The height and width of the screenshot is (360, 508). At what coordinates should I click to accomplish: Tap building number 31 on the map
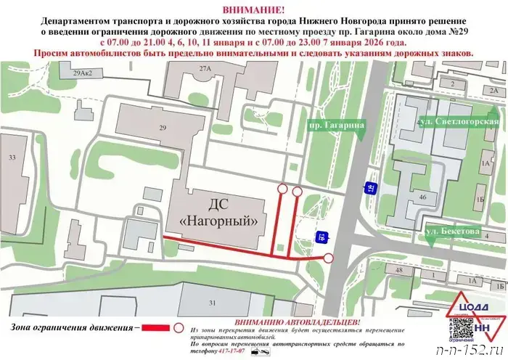(x=213, y=302)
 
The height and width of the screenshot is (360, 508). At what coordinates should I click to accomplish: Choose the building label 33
(x=12, y=157)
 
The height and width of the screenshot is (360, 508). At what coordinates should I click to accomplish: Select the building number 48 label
(x=398, y=270)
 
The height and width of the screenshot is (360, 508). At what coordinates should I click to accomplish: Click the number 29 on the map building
(x=162, y=128)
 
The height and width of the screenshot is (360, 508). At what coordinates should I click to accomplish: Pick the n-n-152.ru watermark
(x=472, y=349)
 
